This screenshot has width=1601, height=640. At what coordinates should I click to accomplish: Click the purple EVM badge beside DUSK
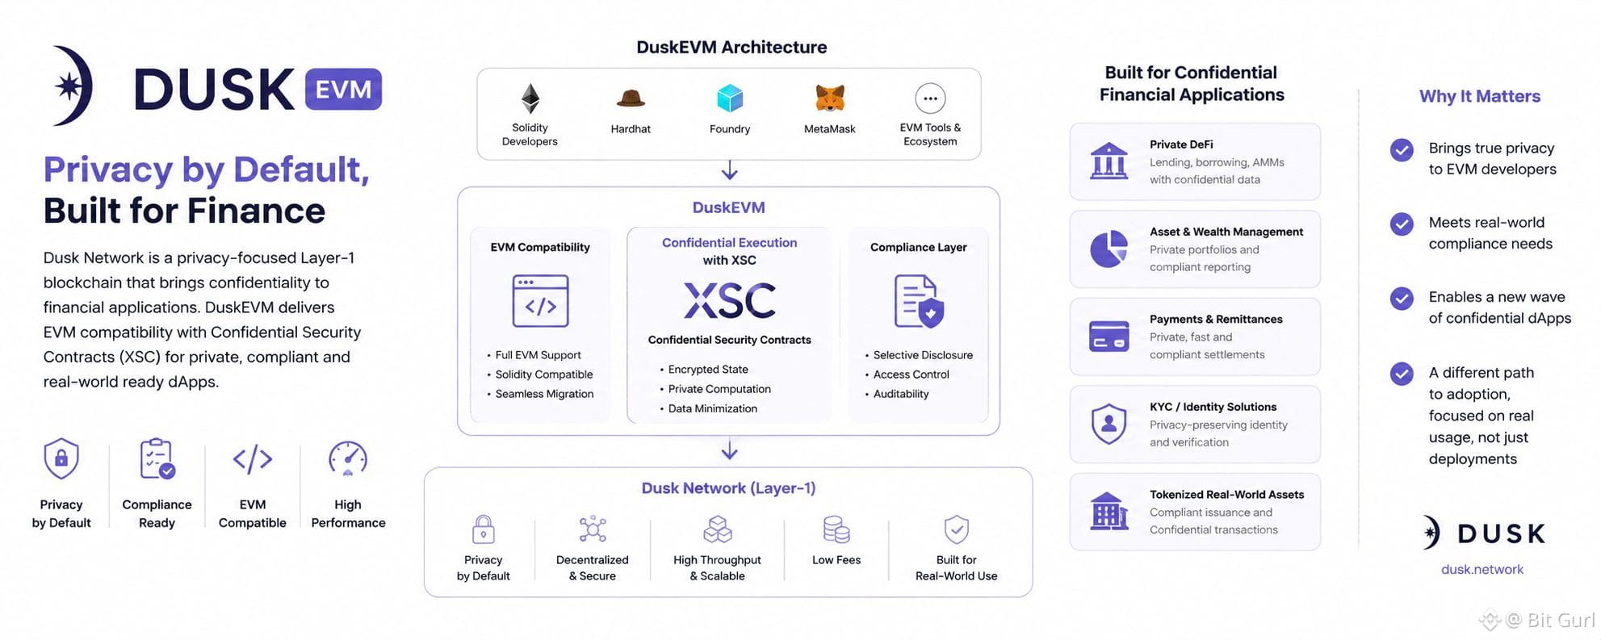[x=343, y=89]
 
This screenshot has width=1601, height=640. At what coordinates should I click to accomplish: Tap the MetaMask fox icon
[x=829, y=98]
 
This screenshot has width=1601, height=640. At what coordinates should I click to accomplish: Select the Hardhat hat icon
[x=631, y=98]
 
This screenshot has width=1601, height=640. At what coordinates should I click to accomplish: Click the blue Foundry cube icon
[x=730, y=98]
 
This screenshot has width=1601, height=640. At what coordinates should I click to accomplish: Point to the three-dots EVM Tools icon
[x=930, y=98]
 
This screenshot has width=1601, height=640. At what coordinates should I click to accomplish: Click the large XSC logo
[x=730, y=300]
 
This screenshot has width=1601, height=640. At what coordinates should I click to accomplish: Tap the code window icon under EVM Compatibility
[x=540, y=300]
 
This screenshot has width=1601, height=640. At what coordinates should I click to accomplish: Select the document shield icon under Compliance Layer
[x=919, y=301]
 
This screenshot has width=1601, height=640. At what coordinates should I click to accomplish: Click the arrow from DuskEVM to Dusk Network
[x=729, y=450]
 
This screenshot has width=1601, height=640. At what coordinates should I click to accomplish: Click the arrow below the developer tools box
[x=729, y=170]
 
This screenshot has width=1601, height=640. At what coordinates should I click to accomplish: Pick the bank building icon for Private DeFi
[x=1109, y=161]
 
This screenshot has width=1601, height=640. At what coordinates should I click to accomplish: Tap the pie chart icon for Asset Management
[x=1109, y=249]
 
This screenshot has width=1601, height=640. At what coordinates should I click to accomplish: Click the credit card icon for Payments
[x=1109, y=336]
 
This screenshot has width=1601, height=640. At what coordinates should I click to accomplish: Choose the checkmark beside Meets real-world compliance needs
[x=1402, y=224]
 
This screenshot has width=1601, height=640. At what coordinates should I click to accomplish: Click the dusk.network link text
[x=1482, y=569]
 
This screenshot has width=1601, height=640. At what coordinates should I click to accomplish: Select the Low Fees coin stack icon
[x=836, y=529]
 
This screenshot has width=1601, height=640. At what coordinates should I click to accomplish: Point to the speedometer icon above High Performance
[x=348, y=458]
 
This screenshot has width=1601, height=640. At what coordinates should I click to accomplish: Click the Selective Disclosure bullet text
[x=923, y=355]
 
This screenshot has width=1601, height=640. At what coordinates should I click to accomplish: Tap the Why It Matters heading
[x=1480, y=96]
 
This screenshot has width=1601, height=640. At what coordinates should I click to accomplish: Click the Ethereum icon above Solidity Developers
[x=530, y=98]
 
